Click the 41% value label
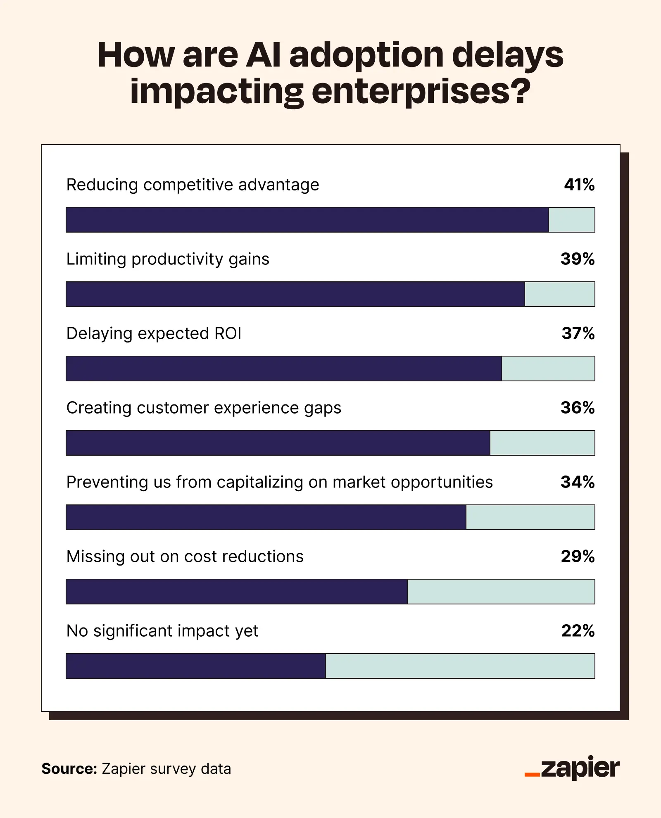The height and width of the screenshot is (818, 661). point(579,185)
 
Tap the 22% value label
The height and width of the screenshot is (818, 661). point(578,631)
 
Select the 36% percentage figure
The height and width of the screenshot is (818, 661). point(577,408)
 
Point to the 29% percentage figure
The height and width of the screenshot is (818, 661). point(577,556)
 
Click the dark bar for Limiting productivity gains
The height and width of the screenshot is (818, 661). point(295,294)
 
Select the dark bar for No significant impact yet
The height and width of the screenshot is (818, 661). point(196,666)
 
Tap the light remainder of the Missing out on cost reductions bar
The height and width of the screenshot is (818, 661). point(501,592)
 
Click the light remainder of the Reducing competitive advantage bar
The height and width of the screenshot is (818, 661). point(572,220)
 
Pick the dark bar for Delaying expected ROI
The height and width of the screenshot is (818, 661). point(284,369)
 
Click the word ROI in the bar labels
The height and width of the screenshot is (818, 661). point(228,333)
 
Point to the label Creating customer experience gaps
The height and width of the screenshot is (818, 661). point(204,408)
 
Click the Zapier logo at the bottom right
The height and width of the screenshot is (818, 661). point(572,769)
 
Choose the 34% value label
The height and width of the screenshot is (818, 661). point(577,482)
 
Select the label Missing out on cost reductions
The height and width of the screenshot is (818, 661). point(185,556)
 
